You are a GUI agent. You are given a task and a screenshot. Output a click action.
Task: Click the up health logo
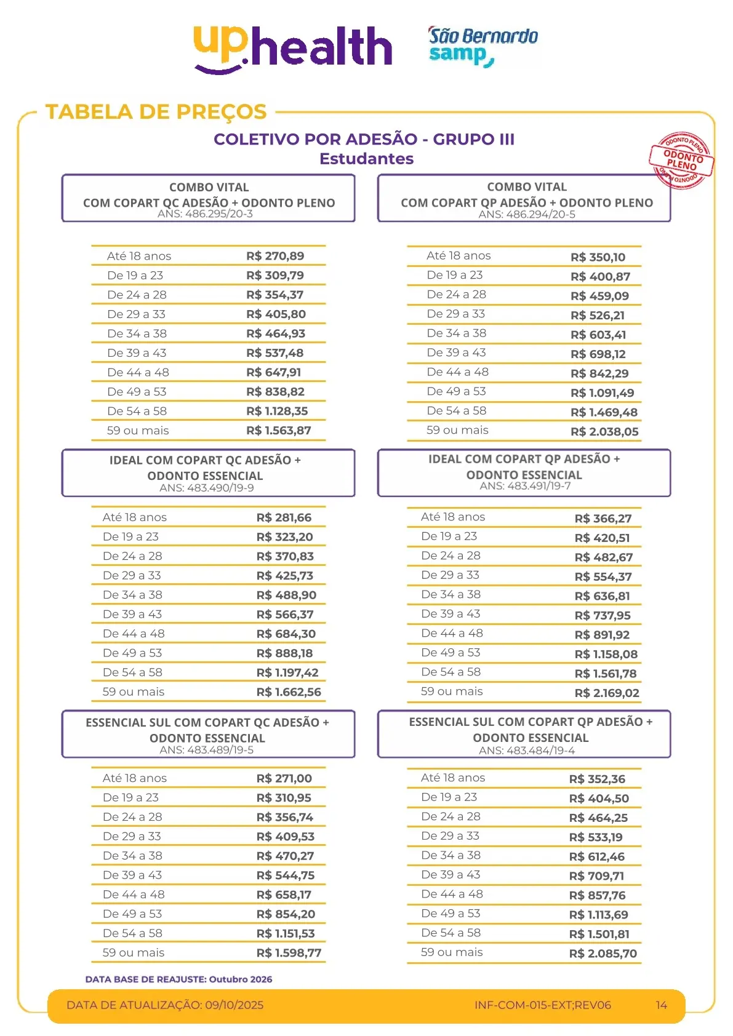(293, 48)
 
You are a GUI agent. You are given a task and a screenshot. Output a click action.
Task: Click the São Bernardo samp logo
(483, 46)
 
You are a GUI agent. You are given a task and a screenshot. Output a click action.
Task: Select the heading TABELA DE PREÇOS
(156, 112)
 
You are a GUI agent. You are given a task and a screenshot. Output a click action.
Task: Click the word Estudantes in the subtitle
(366, 159)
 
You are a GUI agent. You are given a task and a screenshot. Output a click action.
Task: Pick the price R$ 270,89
(275, 256)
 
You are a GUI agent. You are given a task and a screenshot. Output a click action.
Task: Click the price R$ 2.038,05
(604, 432)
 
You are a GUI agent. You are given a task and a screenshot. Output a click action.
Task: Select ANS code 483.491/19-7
(540, 486)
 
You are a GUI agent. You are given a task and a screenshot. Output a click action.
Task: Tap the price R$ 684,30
(286, 634)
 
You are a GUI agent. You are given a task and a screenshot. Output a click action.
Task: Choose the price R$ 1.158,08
(606, 655)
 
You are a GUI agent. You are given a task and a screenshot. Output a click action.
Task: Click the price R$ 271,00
(284, 778)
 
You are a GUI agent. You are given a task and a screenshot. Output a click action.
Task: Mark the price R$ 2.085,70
(603, 954)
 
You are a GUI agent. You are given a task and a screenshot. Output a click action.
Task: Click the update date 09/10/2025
(234, 1005)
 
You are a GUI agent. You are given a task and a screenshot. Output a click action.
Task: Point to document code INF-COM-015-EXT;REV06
(542, 1005)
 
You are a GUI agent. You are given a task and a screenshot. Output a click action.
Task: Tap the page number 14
(661, 1005)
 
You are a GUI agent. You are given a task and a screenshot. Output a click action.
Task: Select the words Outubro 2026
(241, 979)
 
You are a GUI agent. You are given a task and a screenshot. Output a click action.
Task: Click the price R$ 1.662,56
(289, 692)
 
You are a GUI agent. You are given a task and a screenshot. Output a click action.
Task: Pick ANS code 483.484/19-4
(542, 751)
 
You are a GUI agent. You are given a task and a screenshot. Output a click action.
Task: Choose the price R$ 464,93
(276, 333)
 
